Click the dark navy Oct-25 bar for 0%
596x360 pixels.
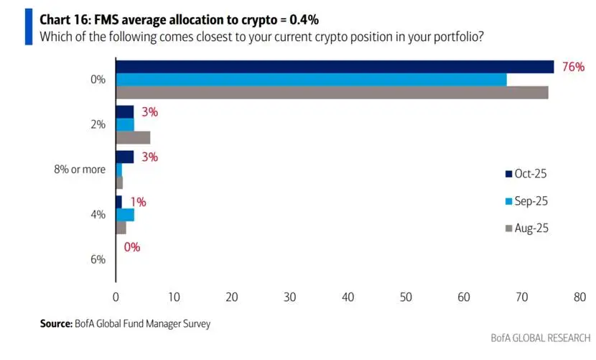[335, 67]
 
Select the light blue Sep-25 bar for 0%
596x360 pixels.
[311, 80]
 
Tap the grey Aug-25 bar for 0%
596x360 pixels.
[332, 92]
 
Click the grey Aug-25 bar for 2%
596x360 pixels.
[133, 137]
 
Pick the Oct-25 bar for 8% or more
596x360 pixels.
[125, 157]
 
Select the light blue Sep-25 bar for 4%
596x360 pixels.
[125, 214]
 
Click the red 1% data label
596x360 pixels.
[138, 202]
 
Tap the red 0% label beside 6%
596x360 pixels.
[131, 247]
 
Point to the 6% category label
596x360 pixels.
[98, 259]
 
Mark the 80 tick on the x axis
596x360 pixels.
[579, 296]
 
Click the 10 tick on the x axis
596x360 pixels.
[174, 296]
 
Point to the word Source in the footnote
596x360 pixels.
[56, 324]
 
